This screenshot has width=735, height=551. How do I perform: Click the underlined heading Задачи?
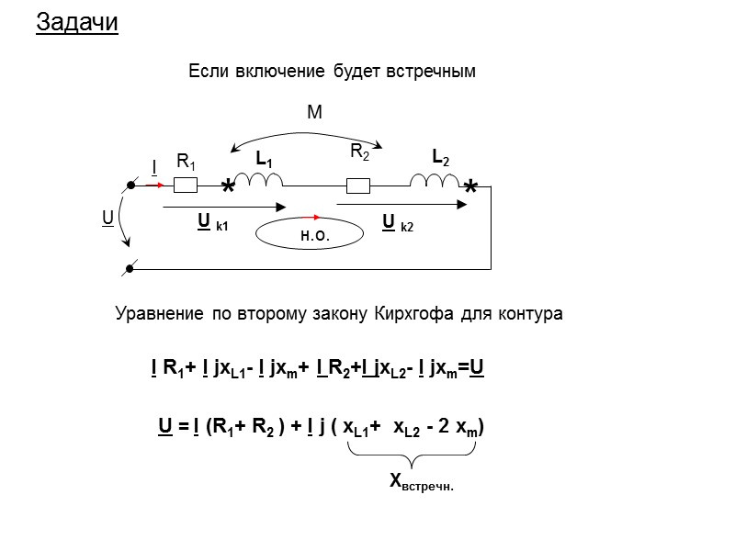(77, 23)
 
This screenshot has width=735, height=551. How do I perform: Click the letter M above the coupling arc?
(314, 112)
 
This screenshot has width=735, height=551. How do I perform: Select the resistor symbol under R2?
(358, 186)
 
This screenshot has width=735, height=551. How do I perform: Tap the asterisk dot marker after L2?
(471, 188)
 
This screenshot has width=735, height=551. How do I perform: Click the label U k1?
(212, 222)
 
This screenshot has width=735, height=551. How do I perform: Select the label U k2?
(398, 222)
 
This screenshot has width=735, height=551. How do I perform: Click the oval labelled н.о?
(315, 235)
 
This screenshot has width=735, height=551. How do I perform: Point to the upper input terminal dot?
(131, 186)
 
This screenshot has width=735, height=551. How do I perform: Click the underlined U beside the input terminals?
(107, 219)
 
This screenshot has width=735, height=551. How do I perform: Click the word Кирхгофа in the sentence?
(407, 314)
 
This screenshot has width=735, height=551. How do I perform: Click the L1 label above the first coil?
(264, 160)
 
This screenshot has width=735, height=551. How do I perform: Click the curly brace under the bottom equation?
(412, 455)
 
